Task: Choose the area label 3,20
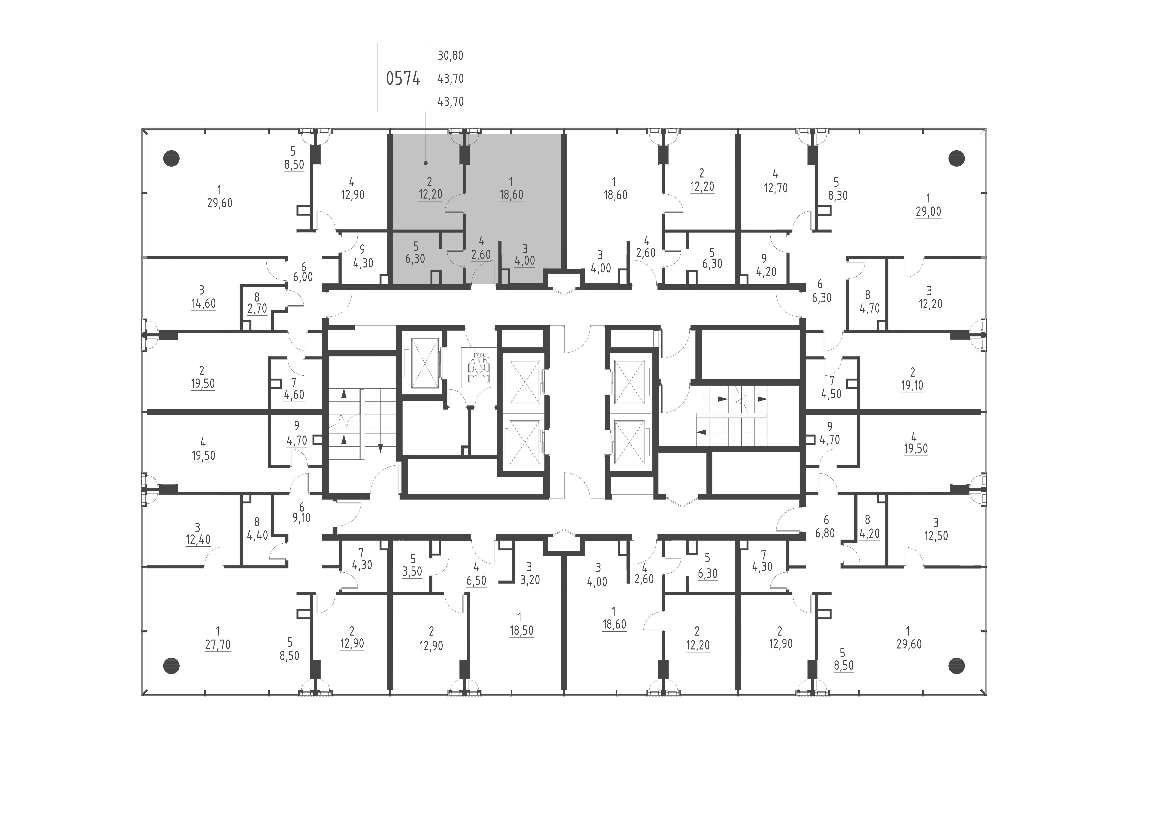pyautogui.click(x=530, y=580)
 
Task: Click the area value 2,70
pyautogui.click(x=257, y=308)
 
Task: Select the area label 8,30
pyautogui.click(x=838, y=196)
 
